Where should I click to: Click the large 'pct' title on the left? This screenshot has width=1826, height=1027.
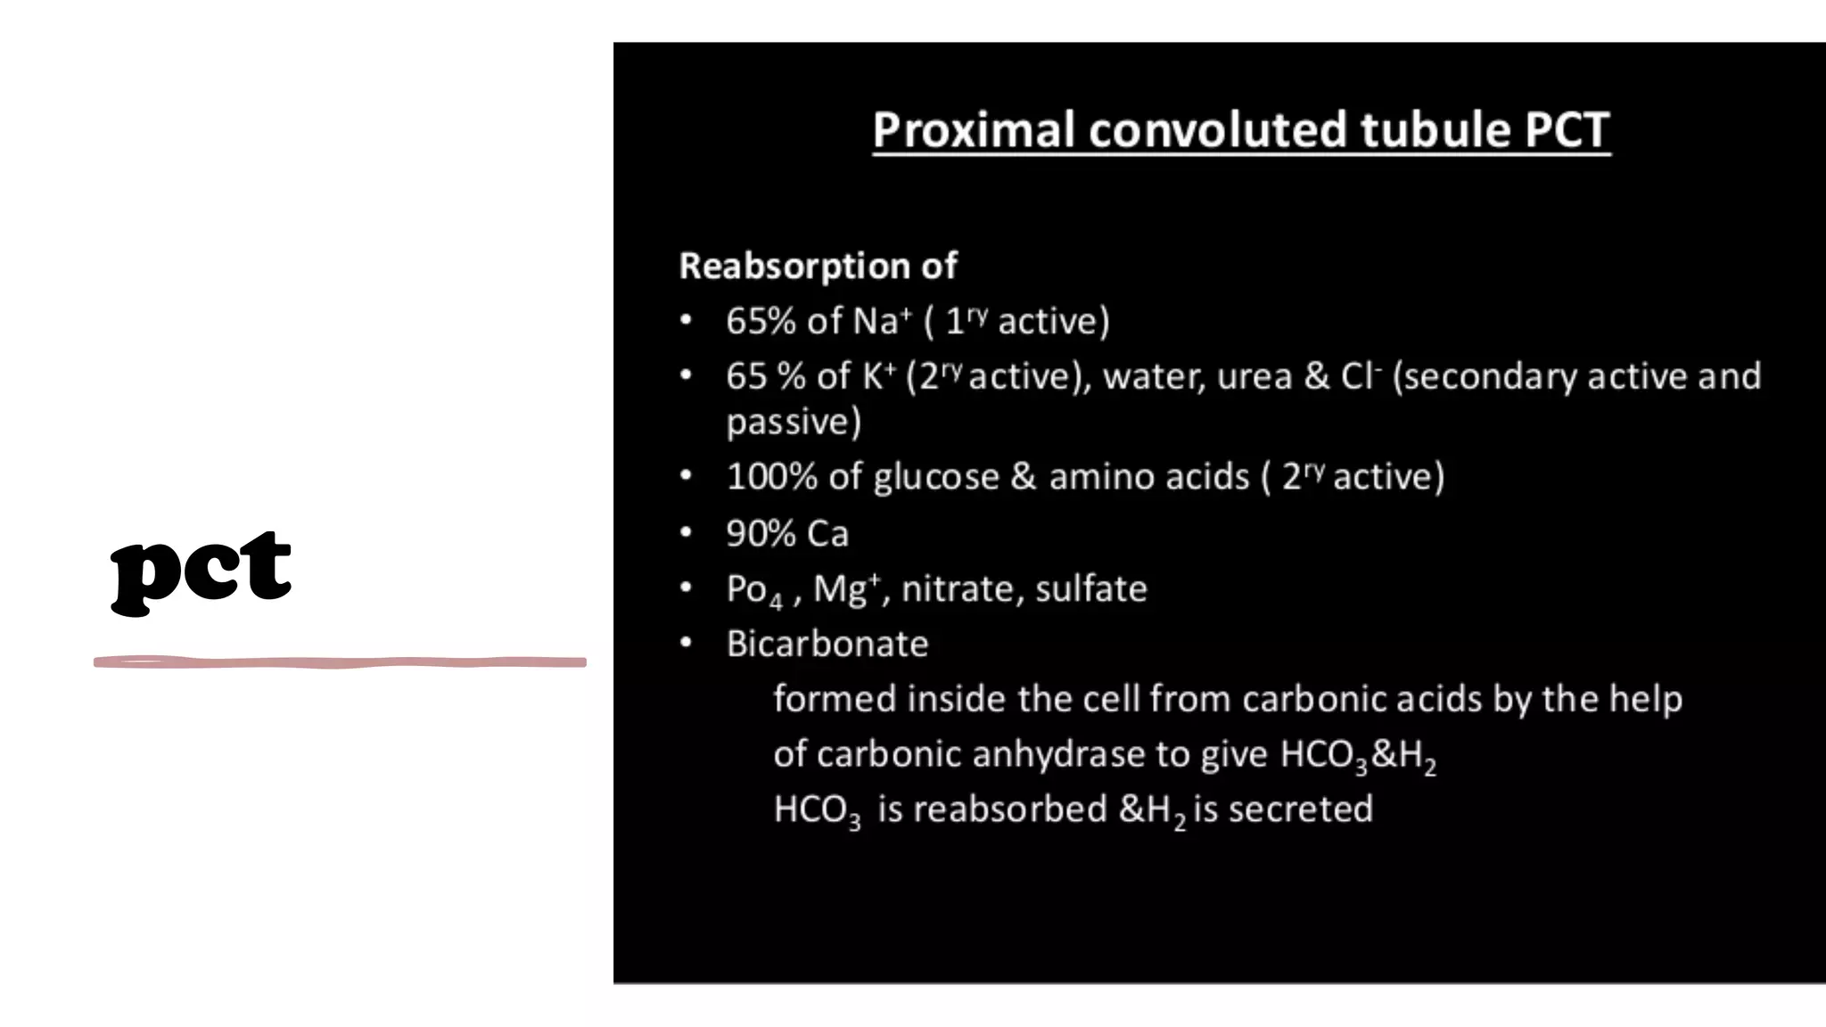[x=201, y=569]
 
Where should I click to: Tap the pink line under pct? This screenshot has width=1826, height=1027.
[x=340, y=662]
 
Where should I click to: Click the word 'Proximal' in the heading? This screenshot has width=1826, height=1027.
[x=974, y=130]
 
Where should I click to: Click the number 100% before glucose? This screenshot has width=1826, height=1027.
[x=771, y=477]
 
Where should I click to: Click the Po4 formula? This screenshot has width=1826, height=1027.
[x=753, y=590]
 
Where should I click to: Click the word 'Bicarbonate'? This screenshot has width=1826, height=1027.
[x=827, y=644]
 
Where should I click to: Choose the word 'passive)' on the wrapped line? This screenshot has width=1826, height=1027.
[x=794, y=423]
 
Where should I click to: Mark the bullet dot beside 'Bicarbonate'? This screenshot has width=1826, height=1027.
[x=686, y=643]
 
